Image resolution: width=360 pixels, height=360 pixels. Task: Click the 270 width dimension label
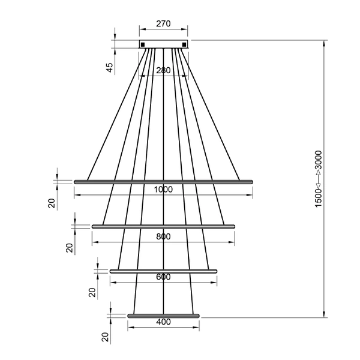pyautogui.click(x=163, y=23)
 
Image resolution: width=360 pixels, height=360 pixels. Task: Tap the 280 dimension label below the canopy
pyautogui.click(x=163, y=70)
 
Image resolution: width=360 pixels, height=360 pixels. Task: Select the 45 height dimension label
pyautogui.click(x=110, y=67)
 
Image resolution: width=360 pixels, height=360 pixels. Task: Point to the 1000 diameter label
pyautogui.click(x=163, y=190)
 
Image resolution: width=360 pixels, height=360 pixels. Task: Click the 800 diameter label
pyautogui.click(x=163, y=236)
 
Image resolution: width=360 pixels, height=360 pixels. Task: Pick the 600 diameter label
pyautogui.click(x=163, y=277)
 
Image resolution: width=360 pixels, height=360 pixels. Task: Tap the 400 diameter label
pyautogui.click(x=163, y=322)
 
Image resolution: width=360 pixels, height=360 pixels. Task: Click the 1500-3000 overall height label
pyautogui.click(x=319, y=179)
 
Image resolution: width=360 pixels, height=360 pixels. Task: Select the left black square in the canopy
pyautogui.click(x=143, y=44)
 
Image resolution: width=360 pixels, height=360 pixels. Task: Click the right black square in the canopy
pyautogui.click(x=184, y=44)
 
